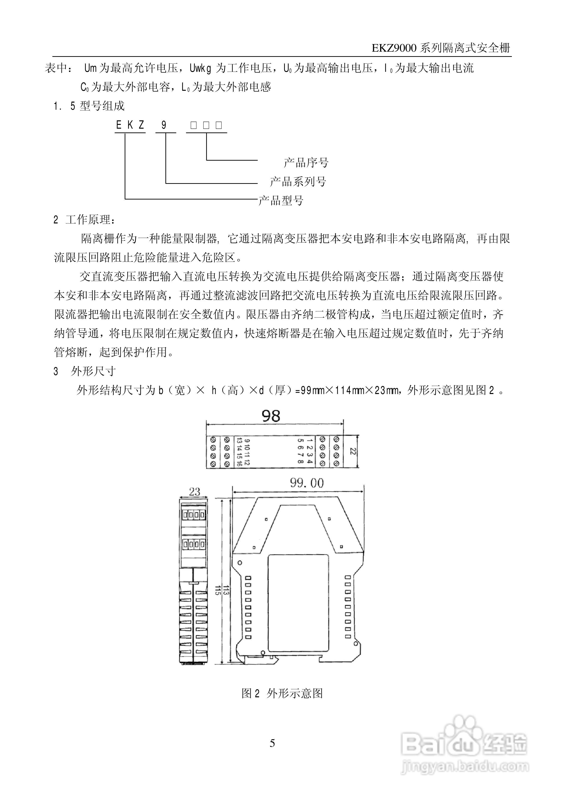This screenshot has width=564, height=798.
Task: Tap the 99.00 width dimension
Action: pos(307,483)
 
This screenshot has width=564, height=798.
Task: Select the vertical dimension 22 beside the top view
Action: pos(353,451)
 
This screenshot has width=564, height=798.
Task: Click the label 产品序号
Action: pos(306,162)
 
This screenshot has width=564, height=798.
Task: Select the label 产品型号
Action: pos(281,200)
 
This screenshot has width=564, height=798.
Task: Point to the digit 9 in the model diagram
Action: pos(164,125)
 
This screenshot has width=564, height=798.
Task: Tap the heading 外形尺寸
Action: pos(93,372)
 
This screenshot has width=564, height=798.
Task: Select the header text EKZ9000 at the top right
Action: pos(394,48)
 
